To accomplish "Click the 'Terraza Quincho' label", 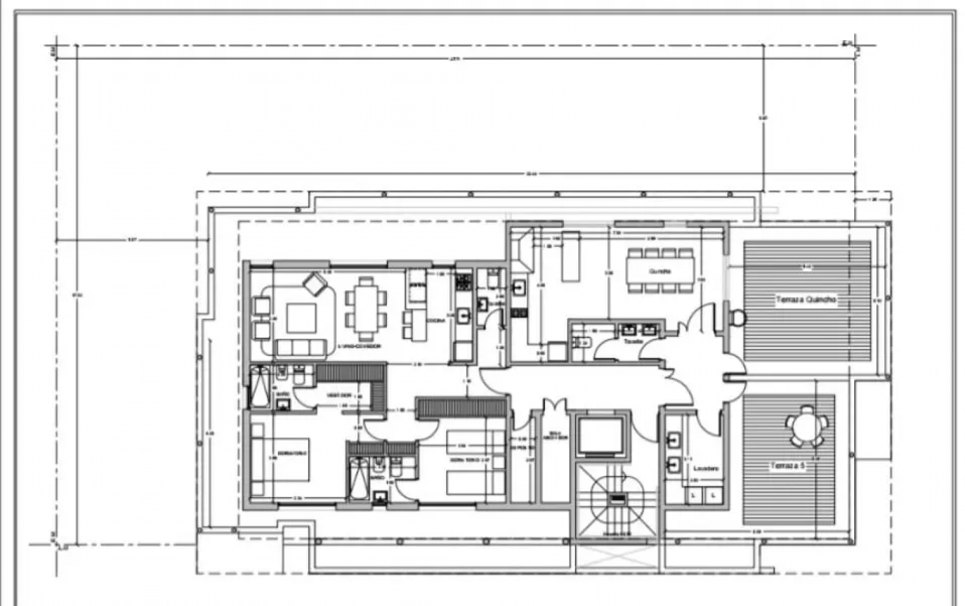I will coord(806,299).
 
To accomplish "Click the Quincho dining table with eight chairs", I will coord(660,270).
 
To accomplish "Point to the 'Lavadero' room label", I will coord(706,468).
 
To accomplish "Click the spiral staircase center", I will coord(616,499).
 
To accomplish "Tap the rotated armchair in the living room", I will coord(314,283).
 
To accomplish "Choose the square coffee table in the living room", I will coord(301,318).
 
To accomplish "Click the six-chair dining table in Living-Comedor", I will coord(366,308).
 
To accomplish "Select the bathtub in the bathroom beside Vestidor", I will coord(259,387).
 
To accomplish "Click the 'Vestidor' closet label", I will coord(339,395).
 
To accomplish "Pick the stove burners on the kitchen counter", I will coord(463,281).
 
